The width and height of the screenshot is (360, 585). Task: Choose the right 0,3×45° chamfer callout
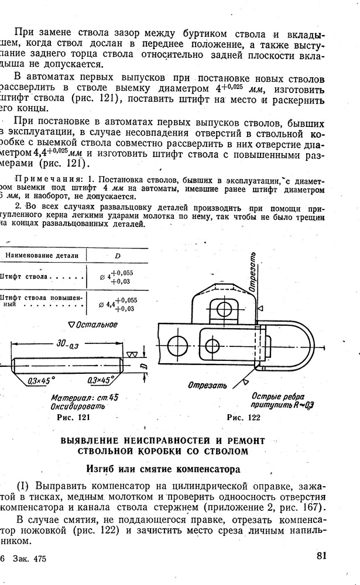pyautogui.click(x=100, y=380)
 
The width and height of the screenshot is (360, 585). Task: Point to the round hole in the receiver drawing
pyautogui.click(x=175, y=343)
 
